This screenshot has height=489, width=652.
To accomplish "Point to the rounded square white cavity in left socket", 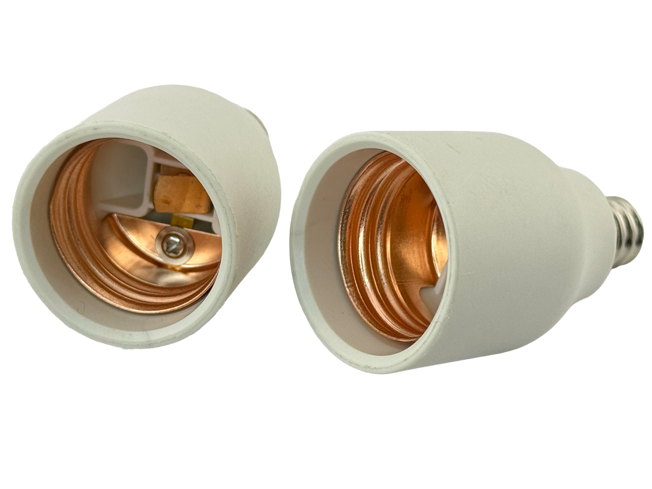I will pos(124,174).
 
